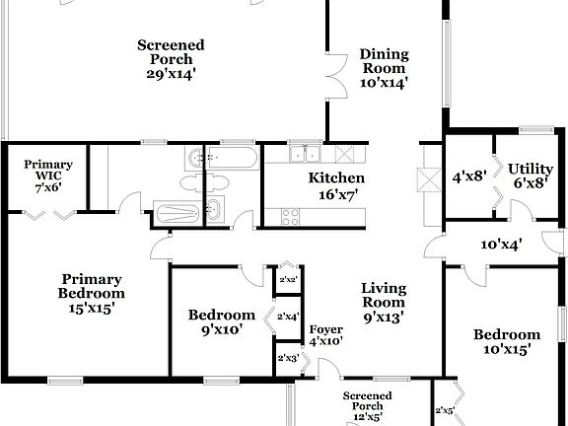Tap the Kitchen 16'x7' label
coord(336,186)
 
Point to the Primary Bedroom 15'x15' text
coord(91,293)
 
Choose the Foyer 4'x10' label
coord(326,335)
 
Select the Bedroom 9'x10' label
coord(221,322)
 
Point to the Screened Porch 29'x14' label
coord(171,59)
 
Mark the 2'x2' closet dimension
coord(288,281)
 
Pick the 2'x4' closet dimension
coord(288,317)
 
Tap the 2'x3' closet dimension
coord(288,358)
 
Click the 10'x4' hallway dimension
coord(501,244)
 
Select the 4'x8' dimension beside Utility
coord(468,177)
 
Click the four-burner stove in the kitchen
coord(291,215)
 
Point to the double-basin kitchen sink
coord(305,154)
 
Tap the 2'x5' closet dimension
coord(445,411)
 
